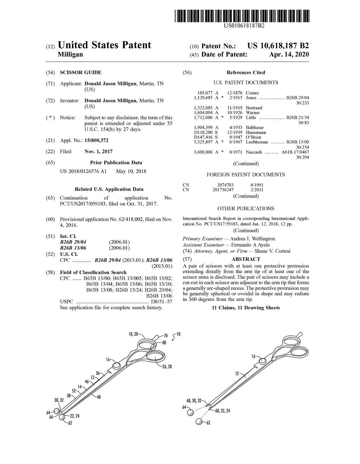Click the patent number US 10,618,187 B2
click(278, 46)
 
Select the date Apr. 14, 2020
click(289, 54)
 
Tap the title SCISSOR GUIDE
click(81, 72)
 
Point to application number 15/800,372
click(96, 140)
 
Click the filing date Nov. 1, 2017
click(98, 152)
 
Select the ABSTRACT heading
click(246, 259)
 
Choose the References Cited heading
click(246, 72)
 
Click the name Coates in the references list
click(252, 93)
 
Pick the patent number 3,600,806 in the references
click(203, 152)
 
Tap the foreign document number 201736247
click(223, 190)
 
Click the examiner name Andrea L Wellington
click(252, 239)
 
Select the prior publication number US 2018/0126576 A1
click(83, 171)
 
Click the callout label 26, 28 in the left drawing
click(167, 367)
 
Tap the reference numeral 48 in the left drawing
click(99, 397)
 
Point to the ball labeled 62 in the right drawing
click(200, 422)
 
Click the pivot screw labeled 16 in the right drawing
click(263, 361)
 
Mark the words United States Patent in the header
click(104, 45)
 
